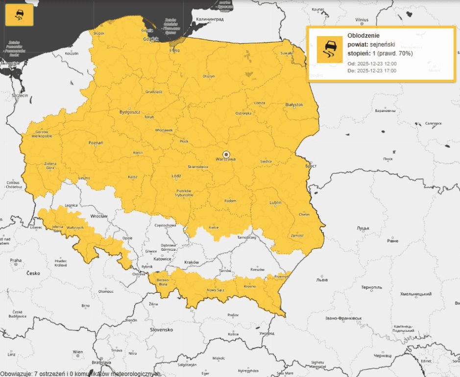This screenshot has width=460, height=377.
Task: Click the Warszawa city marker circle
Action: pos(226,153)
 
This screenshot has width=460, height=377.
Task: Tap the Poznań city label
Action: pos(96,142)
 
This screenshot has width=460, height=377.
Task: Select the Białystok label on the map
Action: pos(294,104)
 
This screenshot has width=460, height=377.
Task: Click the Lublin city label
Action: pos(276,203)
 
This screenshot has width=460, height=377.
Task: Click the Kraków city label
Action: pos(192,262)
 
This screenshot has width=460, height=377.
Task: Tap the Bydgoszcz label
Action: pos(130,112)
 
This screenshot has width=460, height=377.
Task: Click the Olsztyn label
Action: pos(209,76)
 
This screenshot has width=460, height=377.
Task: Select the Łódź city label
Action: pos(176,176)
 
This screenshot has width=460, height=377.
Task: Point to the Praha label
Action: pos(16,260)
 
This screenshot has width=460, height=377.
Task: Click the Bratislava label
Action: pos(100,363)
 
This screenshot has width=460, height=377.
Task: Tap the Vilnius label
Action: pos(362,20)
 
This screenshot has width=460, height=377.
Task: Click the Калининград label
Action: pos(210,19)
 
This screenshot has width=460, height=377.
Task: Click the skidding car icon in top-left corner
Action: pos(19,16)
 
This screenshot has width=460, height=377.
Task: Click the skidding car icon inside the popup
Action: pos(329,49)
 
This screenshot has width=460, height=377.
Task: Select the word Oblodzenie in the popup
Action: pos(363,36)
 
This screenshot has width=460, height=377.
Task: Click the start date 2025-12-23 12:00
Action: pos(377,64)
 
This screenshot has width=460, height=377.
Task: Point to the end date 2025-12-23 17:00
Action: pos(377,71)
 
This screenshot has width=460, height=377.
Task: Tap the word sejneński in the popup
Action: pos(382,45)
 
